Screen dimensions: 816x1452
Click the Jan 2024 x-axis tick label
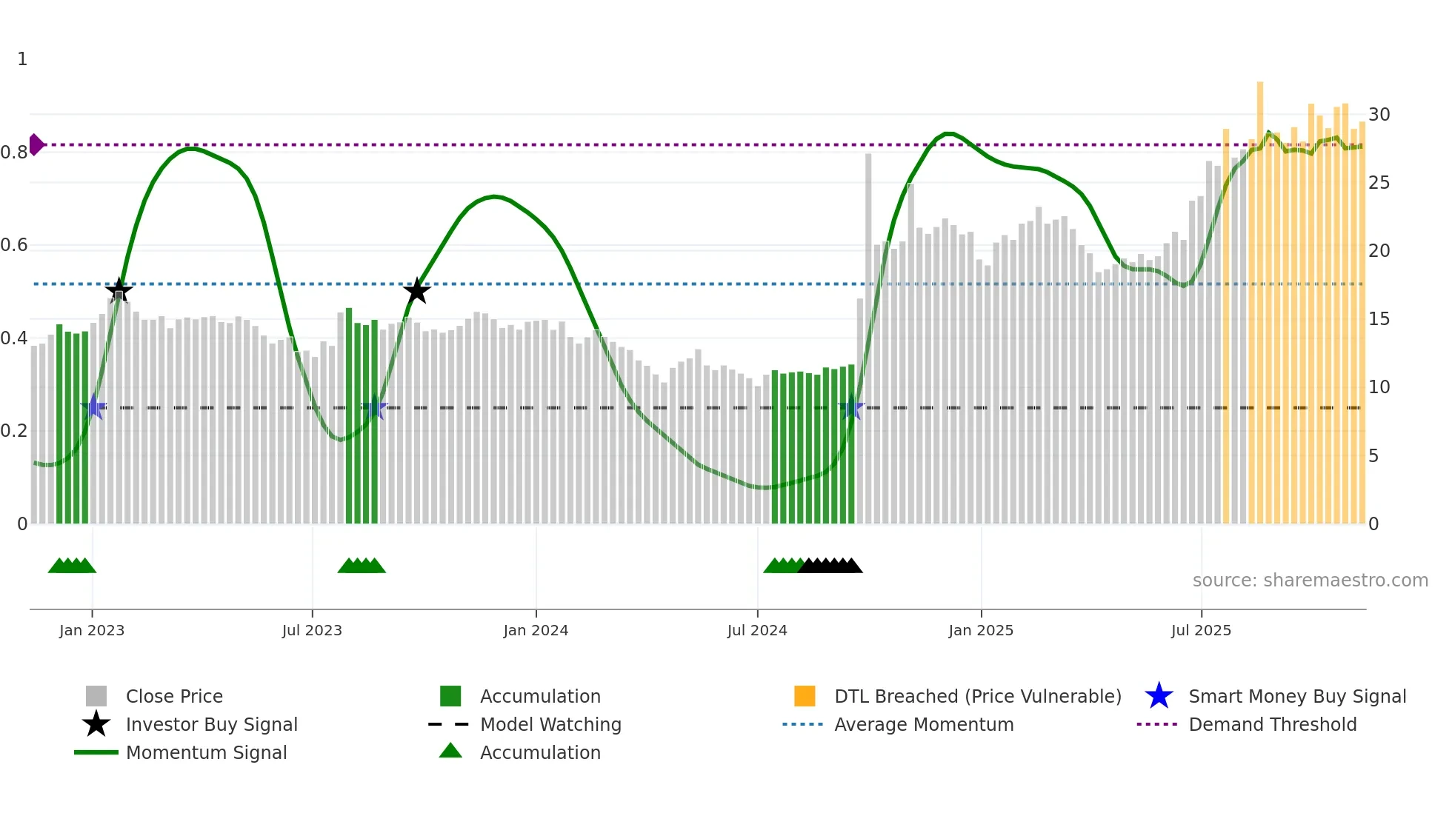(536, 630)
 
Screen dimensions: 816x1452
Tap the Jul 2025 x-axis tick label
(1201, 630)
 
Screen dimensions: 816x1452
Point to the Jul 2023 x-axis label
(312, 630)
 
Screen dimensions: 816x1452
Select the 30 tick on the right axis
(1379, 115)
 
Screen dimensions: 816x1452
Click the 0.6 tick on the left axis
(14, 245)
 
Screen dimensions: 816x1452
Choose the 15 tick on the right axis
(1379, 319)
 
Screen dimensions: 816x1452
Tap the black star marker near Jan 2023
(119, 290)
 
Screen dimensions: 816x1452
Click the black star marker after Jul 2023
(417, 291)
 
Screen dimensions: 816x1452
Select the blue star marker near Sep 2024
(852, 407)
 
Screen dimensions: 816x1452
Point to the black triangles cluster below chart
(830, 566)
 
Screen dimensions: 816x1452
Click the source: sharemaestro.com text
(1310, 581)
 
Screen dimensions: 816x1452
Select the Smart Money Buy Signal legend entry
(1296, 696)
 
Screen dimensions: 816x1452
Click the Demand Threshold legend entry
(1272, 724)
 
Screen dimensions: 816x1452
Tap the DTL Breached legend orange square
(805, 696)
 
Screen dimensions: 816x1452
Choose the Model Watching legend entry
(550, 724)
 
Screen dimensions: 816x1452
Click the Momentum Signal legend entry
(206, 752)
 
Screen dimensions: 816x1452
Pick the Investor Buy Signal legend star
(96, 724)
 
